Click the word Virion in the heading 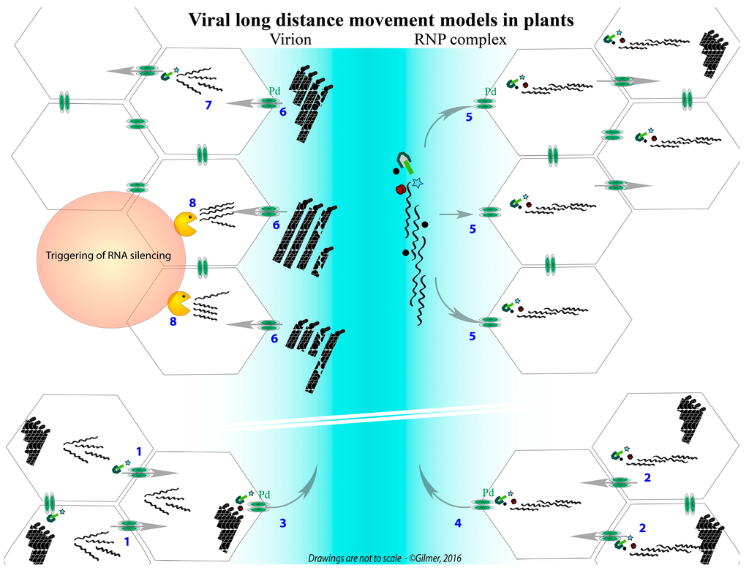tap(290, 40)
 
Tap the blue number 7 tap(208, 108)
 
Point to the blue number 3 tap(283, 524)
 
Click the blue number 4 tap(459, 523)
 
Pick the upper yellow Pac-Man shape tap(185, 222)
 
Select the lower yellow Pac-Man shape tap(178, 303)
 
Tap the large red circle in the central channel tap(400, 190)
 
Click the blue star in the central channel tap(418, 181)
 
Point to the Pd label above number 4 tap(489, 493)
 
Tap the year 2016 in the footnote tap(449, 558)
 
